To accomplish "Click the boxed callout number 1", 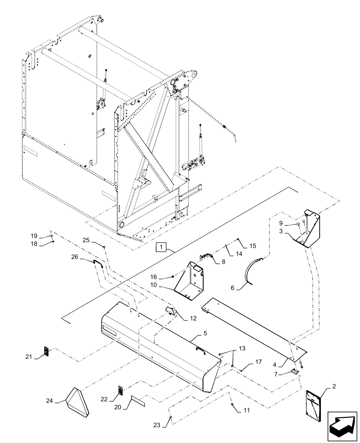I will [x=161, y=247].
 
